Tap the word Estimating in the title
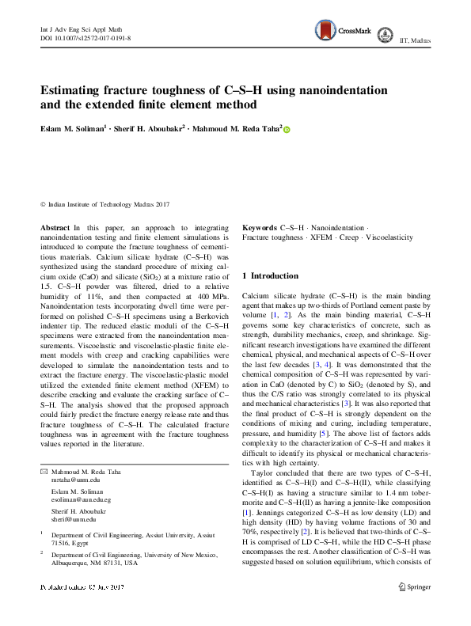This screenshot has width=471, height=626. pyautogui.click(x=80, y=92)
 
